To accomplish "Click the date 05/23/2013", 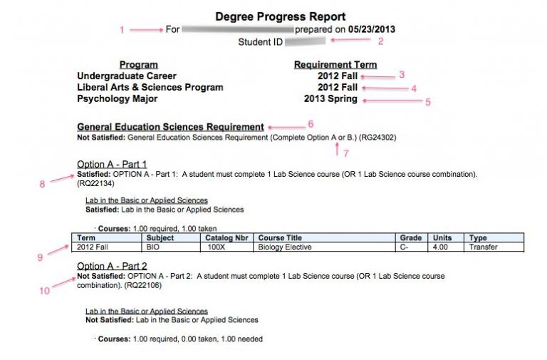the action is (x=371, y=29).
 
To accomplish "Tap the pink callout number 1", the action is (x=122, y=30).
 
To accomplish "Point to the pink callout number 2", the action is (x=380, y=41).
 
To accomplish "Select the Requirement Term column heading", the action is (x=335, y=64).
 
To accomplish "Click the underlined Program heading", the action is (x=138, y=64).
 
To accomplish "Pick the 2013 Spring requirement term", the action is (x=330, y=99).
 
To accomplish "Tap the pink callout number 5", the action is (x=428, y=102).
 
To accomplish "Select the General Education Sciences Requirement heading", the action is (x=170, y=125).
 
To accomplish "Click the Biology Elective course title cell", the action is (x=285, y=247).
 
